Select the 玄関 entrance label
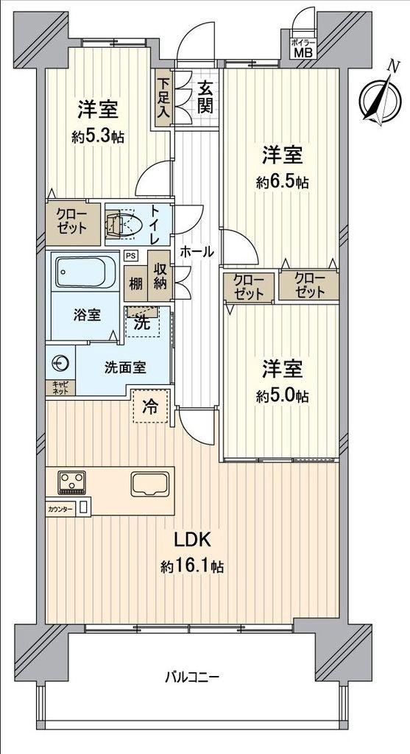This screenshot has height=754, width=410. pos(205,98)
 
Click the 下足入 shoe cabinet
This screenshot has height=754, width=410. pos(163,99)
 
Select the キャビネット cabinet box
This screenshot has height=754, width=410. pos(60,387)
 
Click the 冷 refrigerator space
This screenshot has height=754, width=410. pos(151,406)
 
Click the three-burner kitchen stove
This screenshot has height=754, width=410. pos(71,482)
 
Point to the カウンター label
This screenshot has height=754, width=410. pos(61,508)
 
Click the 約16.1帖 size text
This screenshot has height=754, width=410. pos(192,566)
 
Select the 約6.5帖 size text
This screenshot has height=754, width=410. pos(282,183)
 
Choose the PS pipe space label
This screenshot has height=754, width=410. pos(130,256)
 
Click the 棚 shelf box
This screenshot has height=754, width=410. pos(135,283)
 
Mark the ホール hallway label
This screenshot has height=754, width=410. pos(197,251)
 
